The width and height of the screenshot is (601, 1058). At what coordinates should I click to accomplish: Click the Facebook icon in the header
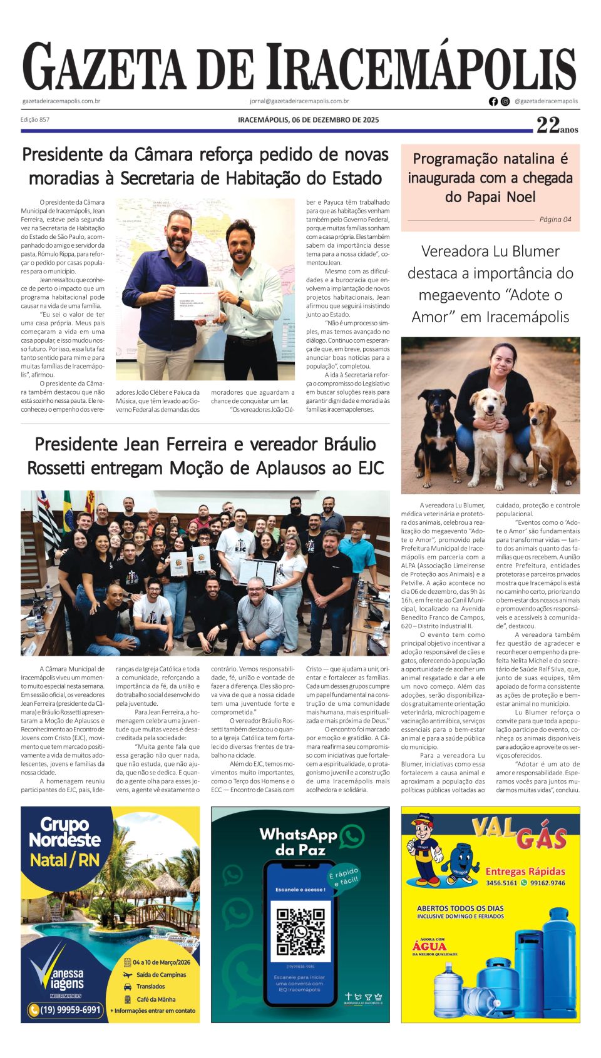[x=493, y=101]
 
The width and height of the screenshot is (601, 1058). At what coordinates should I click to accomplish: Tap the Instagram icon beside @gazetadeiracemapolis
[x=505, y=101]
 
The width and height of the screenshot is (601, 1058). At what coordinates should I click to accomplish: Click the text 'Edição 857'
[x=35, y=120]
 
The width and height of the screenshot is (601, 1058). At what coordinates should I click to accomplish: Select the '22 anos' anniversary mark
[x=557, y=126]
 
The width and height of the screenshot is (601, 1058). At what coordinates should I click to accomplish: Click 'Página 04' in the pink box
[x=555, y=220]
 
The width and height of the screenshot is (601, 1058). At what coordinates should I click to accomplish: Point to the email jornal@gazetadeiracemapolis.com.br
[x=299, y=101]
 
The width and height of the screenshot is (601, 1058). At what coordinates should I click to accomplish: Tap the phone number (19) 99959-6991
[x=64, y=1010]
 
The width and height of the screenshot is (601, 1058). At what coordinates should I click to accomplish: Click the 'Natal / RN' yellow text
[x=64, y=860]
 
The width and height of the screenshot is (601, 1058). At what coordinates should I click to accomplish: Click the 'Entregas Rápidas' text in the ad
[x=525, y=872]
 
